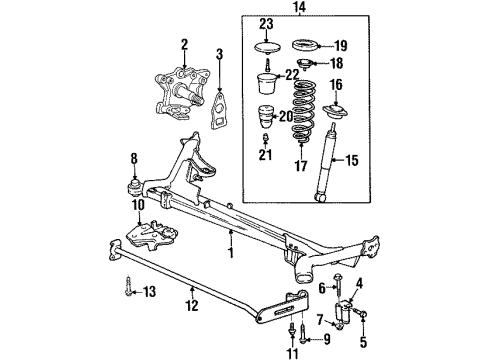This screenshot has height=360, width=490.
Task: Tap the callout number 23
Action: (x=266, y=24)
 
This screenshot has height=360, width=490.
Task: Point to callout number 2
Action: (x=184, y=44)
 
